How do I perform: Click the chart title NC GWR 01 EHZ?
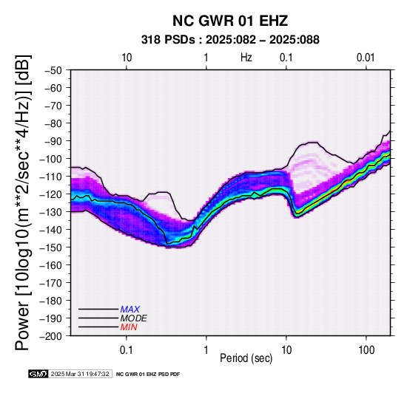click(x=230, y=21)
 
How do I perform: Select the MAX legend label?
click(x=130, y=310)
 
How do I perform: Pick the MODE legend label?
click(x=134, y=318)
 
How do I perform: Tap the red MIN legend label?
click(x=129, y=327)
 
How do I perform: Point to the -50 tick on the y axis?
click(x=53, y=70)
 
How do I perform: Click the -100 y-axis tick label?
click(x=51, y=159)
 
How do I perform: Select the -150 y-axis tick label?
click(x=51, y=247)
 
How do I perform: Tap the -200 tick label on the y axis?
click(x=51, y=336)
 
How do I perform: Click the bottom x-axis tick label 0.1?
click(x=127, y=350)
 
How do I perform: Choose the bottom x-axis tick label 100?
click(x=366, y=350)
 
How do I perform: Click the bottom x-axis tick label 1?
click(x=206, y=350)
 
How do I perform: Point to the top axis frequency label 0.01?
click(x=366, y=58)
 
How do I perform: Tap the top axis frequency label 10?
click(x=127, y=58)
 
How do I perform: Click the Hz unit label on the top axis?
click(x=246, y=58)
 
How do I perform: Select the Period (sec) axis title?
click(x=246, y=358)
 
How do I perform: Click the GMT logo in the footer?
click(x=38, y=374)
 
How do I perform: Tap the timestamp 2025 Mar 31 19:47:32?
click(x=80, y=374)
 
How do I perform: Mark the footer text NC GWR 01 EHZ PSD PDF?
click(x=148, y=375)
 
